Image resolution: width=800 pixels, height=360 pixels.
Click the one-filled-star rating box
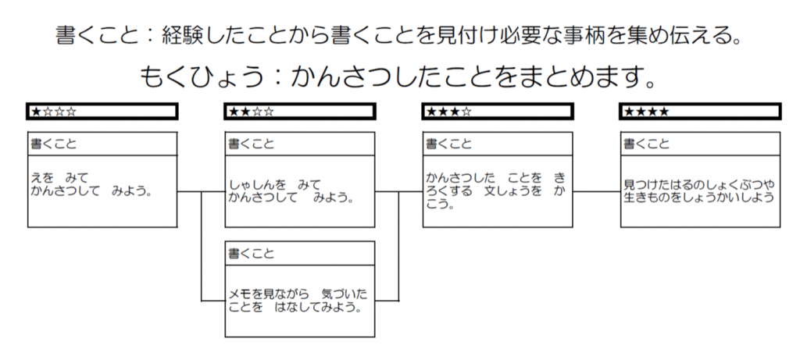(102, 112)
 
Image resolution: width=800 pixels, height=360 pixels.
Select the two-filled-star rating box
(300, 112)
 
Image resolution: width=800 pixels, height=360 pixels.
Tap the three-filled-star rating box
(498, 112)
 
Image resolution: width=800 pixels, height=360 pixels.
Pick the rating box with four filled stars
(700, 112)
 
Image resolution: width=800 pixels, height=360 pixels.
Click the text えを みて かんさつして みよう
(92, 185)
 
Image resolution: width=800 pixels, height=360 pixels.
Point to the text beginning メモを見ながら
(298, 301)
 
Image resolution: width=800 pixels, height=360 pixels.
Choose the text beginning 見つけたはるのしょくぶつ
(699, 191)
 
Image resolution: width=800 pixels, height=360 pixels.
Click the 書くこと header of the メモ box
(251, 253)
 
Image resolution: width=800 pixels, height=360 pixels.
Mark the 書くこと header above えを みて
(54, 144)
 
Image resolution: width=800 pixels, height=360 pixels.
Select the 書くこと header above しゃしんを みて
(251, 144)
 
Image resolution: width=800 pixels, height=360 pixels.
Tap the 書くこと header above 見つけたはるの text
(646, 144)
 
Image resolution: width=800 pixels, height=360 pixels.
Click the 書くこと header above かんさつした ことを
(449, 144)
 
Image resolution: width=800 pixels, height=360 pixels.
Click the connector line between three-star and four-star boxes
(597, 192)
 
